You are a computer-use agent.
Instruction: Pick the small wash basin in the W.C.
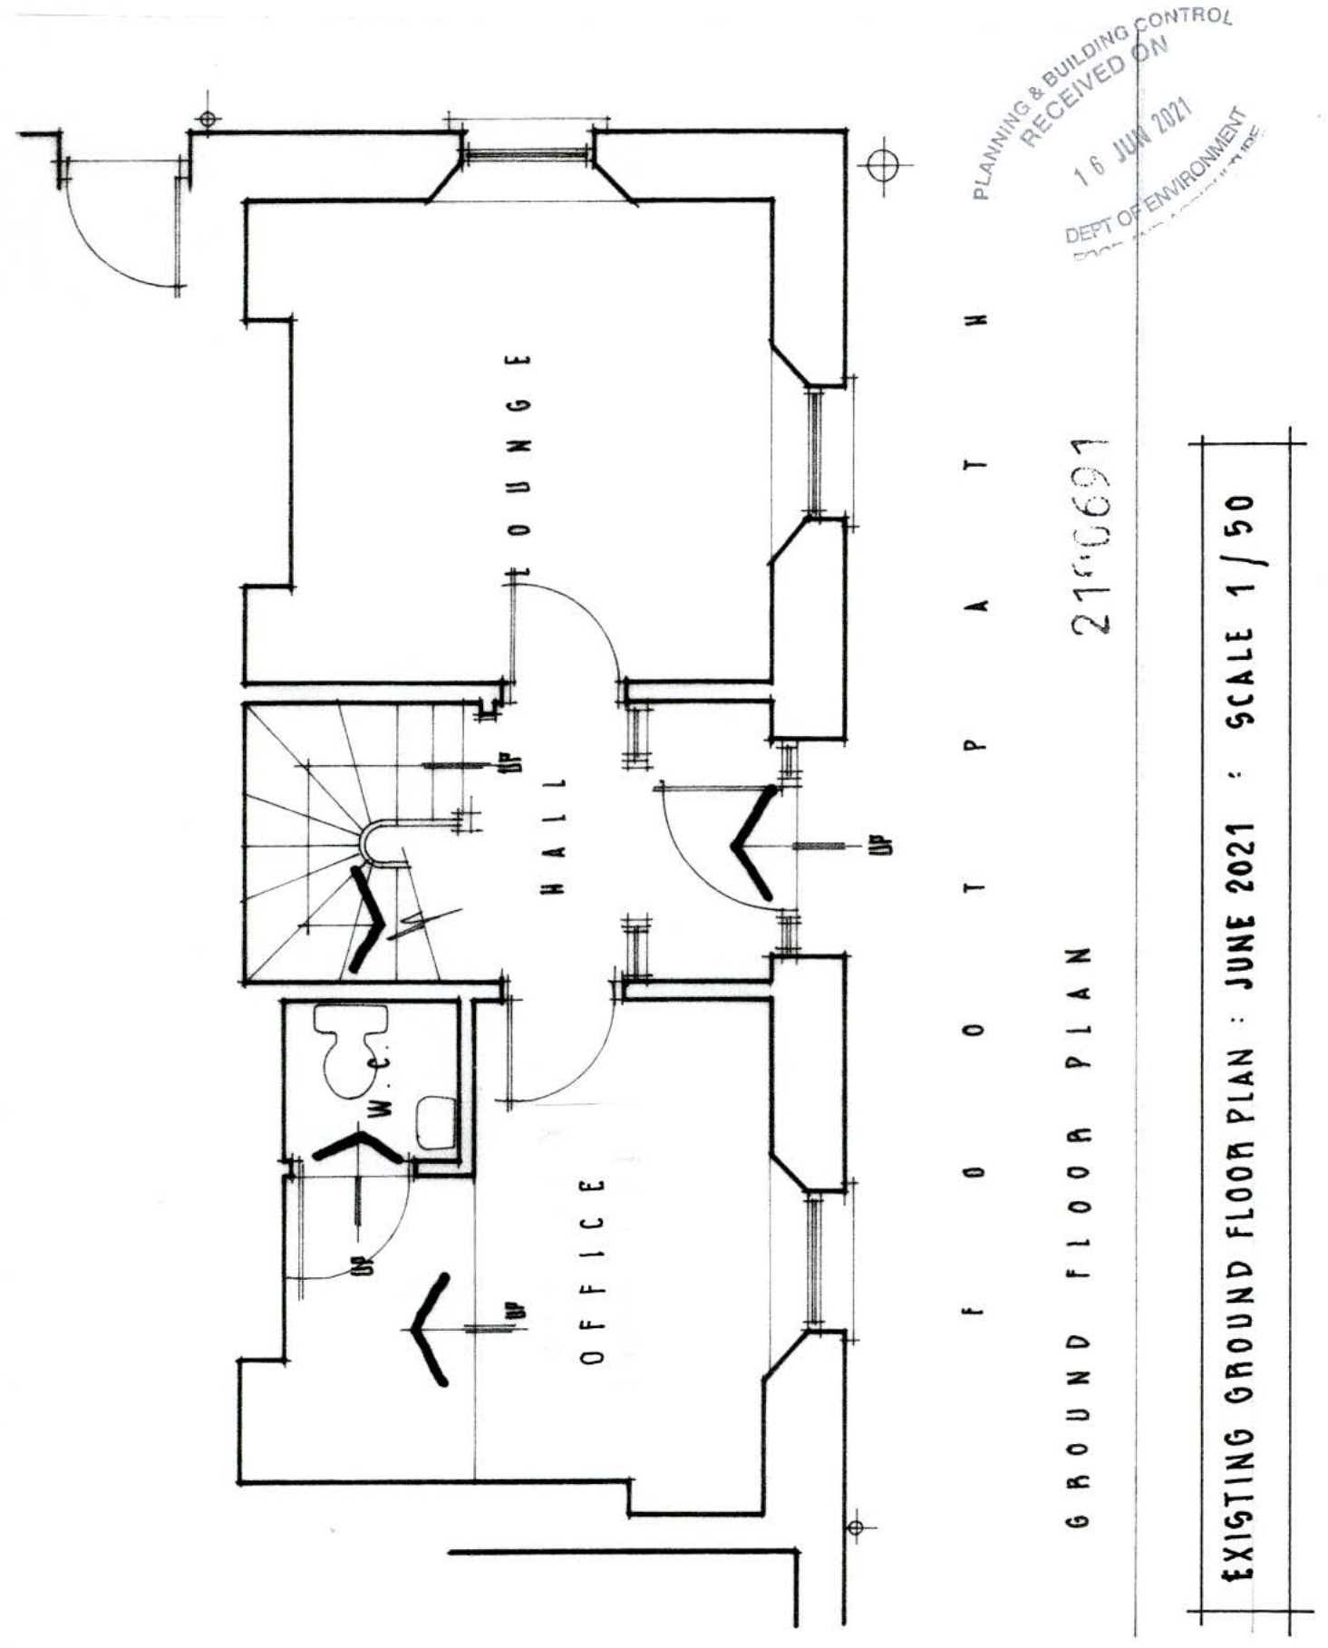point(436,1122)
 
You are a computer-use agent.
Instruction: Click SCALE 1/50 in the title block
point(1240,609)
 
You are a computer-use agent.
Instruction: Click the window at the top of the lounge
point(526,155)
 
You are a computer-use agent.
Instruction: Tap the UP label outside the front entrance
point(886,845)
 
